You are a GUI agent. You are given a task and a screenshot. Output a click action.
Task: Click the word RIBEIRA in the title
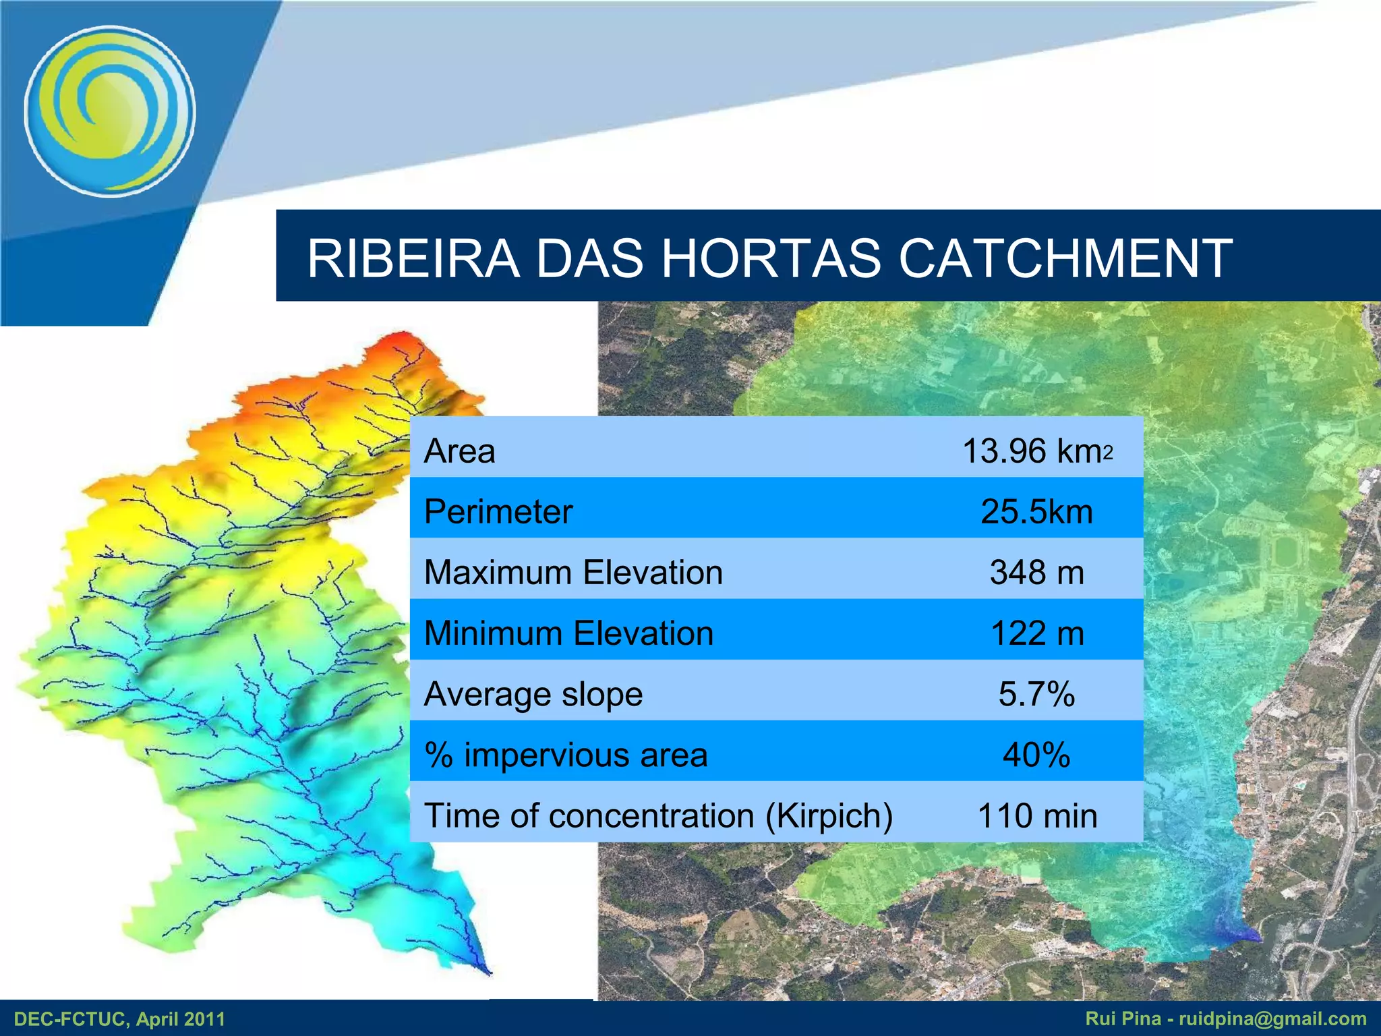(x=413, y=258)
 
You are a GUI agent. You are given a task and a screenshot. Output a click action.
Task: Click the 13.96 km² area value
(x=1036, y=451)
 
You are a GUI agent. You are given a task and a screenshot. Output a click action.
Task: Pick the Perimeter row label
(x=498, y=511)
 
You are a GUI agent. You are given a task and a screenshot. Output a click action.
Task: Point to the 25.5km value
(x=1036, y=511)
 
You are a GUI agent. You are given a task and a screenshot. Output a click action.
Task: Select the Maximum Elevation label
(x=573, y=572)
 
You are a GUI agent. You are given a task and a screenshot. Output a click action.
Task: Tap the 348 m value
(x=1036, y=572)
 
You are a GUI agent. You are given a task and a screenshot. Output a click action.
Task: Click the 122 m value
(x=1036, y=633)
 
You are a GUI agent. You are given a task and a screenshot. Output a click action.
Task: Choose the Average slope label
(x=533, y=694)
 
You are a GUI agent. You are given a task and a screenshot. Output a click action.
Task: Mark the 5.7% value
(x=1036, y=694)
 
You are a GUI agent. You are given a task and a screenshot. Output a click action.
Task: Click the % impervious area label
(x=566, y=755)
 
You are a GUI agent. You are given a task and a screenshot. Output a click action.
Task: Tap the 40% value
(x=1036, y=755)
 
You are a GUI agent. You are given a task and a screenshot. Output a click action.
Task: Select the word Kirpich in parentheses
(x=829, y=815)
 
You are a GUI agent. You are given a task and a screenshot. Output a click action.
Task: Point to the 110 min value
(x=1036, y=815)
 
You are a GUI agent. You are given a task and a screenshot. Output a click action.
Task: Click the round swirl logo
(x=110, y=111)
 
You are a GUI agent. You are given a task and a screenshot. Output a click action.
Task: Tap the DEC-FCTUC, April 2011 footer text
(x=119, y=1018)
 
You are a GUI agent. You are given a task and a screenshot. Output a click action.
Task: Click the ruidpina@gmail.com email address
(x=1272, y=1018)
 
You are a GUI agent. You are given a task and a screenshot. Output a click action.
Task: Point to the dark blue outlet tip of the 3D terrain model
(x=487, y=970)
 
